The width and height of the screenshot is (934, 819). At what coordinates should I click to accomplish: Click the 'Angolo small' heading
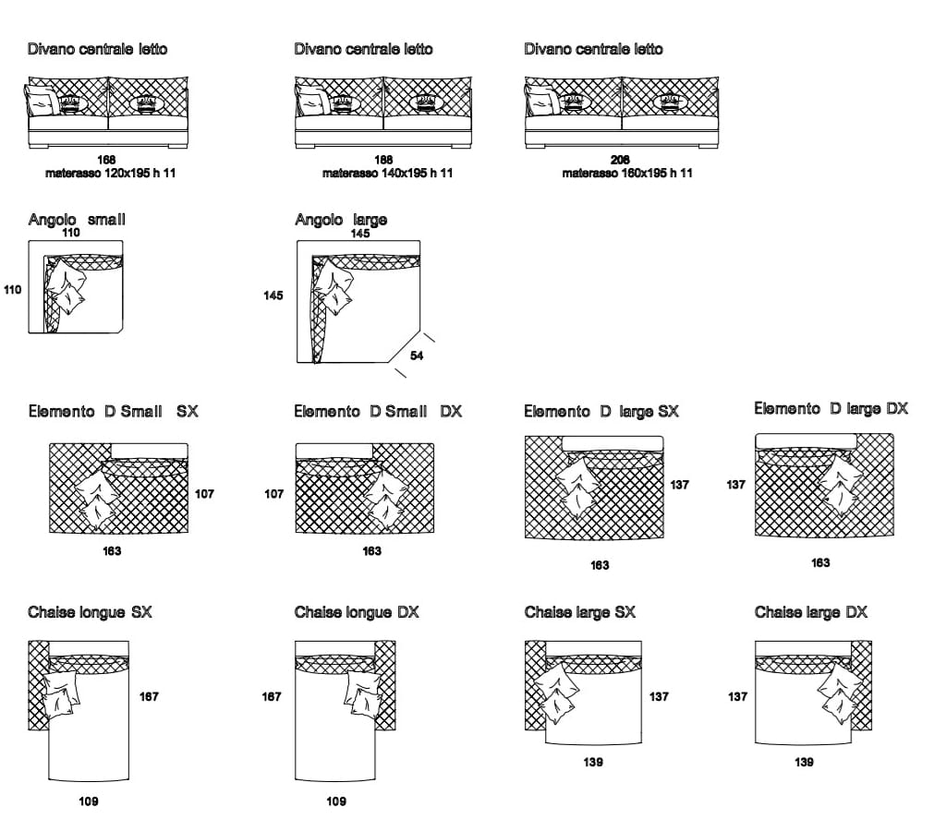pyautogui.click(x=77, y=219)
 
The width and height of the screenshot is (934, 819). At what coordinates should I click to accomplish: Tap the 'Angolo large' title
pyautogui.click(x=341, y=219)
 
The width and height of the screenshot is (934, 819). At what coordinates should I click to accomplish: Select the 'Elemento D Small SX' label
pyautogui.click(x=113, y=411)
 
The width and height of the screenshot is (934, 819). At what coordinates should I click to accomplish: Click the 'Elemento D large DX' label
pyautogui.click(x=831, y=408)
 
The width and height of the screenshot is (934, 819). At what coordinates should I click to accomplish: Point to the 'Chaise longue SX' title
pyautogui.click(x=90, y=612)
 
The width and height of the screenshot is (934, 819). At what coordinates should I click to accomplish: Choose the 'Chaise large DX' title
pyautogui.click(x=810, y=612)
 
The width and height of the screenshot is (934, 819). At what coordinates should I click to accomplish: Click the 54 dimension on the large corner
pyautogui.click(x=417, y=355)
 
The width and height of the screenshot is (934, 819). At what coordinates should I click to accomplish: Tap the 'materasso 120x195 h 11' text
pyautogui.click(x=110, y=173)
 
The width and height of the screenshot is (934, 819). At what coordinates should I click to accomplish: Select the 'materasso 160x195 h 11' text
pyautogui.click(x=626, y=173)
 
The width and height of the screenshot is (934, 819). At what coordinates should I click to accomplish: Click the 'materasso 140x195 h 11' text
pyautogui.click(x=387, y=173)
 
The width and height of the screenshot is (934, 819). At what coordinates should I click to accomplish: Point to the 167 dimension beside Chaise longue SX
pyautogui.click(x=149, y=696)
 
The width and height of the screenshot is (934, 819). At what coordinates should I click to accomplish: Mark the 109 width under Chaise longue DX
pyautogui.click(x=336, y=801)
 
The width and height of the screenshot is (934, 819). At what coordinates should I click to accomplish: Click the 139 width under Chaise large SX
pyautogui.click(x=593, y=762)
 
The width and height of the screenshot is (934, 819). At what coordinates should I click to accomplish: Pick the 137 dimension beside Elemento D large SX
pyautogui.click(x=680, y=484)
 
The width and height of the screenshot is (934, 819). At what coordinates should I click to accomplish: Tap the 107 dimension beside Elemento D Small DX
pyautogui.click(x=273, y=494)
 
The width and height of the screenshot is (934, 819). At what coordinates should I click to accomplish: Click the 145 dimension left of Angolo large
pyautogui.click(x=273, y=295)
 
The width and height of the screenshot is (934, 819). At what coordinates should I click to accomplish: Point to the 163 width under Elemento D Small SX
pyautogui.click(x=112, y=550)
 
